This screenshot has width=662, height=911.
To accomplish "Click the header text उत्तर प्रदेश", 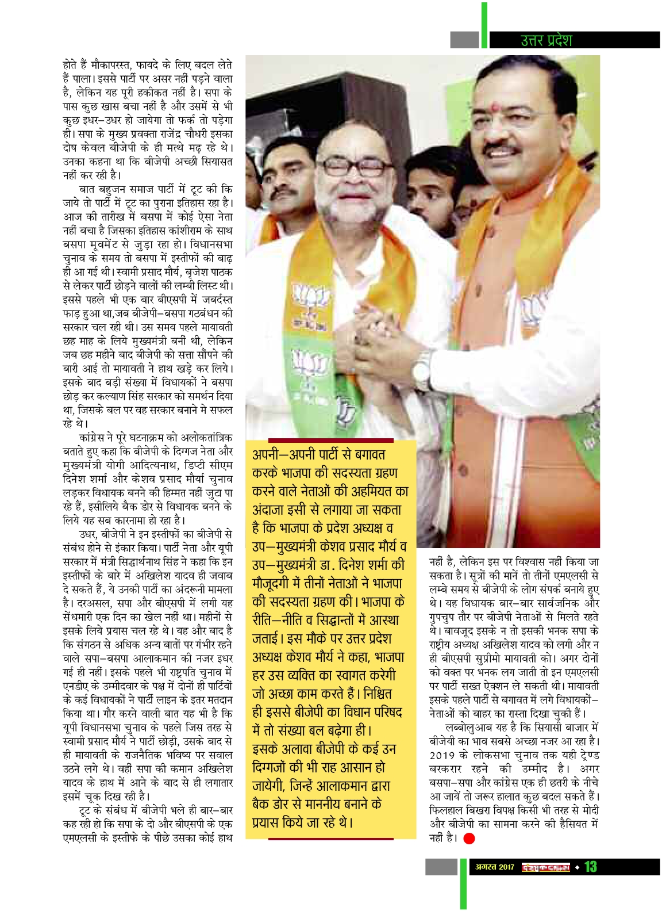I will coord(546,40).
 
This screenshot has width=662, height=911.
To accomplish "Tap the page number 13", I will coord(591,866).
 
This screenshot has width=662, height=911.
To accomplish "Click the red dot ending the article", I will coord(469,839).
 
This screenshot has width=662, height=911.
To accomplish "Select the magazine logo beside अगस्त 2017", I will coord(545,867).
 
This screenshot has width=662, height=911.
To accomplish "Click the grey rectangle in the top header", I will coord(464,40).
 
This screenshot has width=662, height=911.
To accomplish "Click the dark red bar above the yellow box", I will coord(322,440).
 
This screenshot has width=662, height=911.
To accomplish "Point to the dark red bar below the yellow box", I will coord(331,839).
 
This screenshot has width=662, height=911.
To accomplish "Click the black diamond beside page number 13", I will coord(578,867).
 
